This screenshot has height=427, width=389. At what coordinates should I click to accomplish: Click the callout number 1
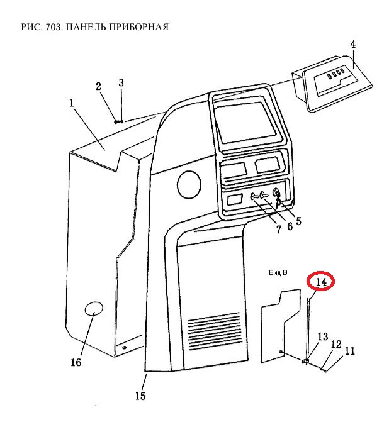tap(72, 101)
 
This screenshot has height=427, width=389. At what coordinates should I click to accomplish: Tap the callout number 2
tap(99, 87)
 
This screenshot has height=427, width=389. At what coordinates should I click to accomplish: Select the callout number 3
tap(121, 82)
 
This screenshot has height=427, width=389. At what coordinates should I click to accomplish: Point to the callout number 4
tap(352, 45)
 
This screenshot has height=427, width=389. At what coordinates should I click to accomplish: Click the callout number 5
tap(298, 221)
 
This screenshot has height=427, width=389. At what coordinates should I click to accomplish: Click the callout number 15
tap(140, 396)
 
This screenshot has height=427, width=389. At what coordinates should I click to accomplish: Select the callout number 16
tap(76, 363)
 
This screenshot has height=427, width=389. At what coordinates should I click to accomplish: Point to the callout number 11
tap(350, 352)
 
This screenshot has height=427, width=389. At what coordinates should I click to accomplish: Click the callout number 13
tap(322, 337)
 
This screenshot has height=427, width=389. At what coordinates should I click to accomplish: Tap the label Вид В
tap(277, 273)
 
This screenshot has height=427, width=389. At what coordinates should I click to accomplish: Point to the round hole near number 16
tap(93, 310)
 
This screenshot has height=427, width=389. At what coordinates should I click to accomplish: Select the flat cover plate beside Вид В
tap(279, 324)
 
